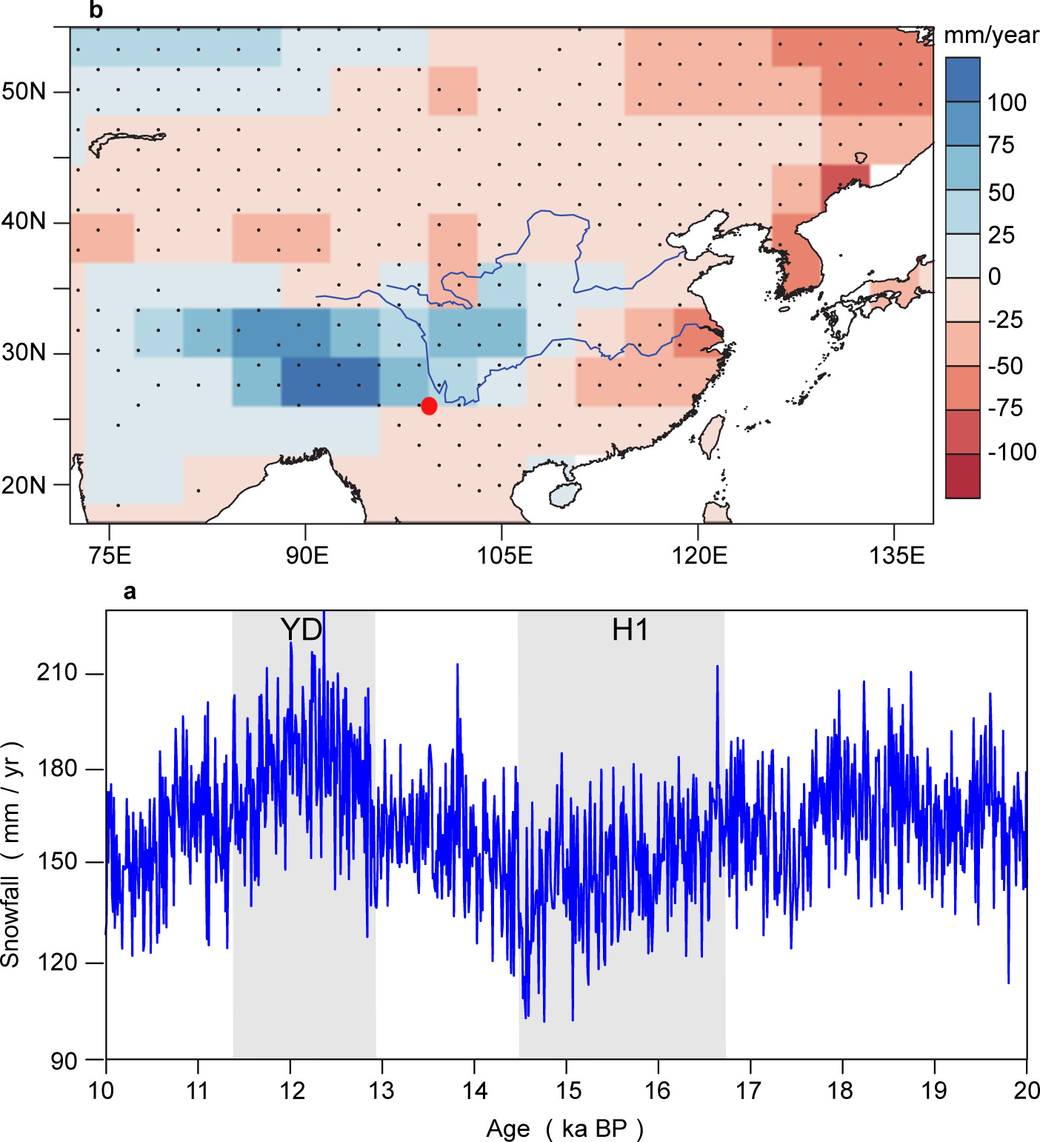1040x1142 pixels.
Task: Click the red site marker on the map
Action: [429, 406]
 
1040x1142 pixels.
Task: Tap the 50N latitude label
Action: [24, 92]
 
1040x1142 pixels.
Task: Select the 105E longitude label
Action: [504, 555]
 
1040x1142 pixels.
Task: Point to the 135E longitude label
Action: [896, 555]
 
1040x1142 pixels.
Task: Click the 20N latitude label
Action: [24, 486]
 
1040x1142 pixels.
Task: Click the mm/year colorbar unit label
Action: [991, 36]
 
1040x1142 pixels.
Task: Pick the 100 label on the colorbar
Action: [1007, 103]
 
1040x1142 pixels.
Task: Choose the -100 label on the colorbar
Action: [1012, 452]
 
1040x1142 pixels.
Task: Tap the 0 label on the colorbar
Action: [995, 277]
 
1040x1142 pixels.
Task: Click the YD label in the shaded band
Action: [301, 630]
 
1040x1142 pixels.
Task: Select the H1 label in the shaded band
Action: [630, 630]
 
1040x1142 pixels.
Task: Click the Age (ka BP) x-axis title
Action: [564, 1129]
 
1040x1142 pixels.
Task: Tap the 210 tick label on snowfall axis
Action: [57, 672]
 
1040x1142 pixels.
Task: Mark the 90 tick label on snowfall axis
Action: [64, 1061]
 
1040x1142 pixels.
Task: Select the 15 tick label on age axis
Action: [568, 1091]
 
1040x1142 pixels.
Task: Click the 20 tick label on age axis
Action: [1027, 1091]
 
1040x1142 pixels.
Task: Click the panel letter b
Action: [96, 10]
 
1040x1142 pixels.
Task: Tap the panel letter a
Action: [130, 592]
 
